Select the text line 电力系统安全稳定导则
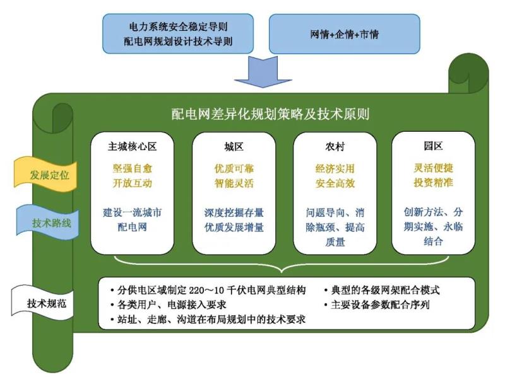click(x=179, y=27)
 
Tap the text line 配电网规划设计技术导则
click(x=179, y=42)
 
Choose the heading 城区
click(x=234, y=146)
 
